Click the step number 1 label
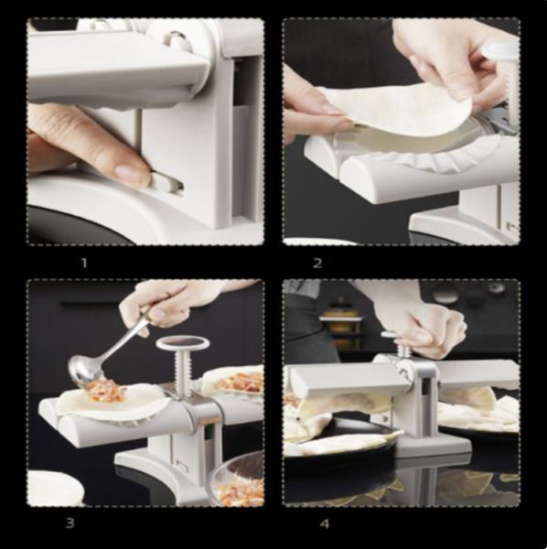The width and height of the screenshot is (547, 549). click(x=84, y=263)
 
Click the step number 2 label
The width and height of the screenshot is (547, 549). click(x=317, y=263)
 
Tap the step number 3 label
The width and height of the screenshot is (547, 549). click(x=70, y=523)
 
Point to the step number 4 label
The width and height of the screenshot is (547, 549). click(x=325, y=524)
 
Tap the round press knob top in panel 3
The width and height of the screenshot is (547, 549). click(x=183, y=343)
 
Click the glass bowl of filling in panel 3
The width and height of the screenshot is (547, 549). click(x=235, y=479)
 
